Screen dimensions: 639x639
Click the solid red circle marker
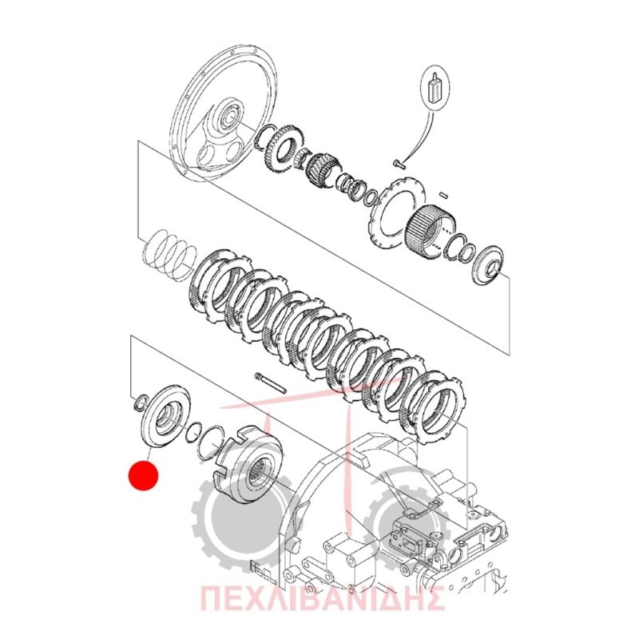pos(143,475)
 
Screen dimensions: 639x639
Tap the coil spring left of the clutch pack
pos(169,254)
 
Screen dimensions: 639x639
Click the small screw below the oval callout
pos(398,163)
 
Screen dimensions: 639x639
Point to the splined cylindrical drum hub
pos(432,232)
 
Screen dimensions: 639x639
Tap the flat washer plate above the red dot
pos(165,415)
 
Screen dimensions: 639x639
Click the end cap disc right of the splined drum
pos(488,265)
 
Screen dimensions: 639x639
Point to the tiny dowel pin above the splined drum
pos(445,195)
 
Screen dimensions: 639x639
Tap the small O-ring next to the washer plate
pos(194,431)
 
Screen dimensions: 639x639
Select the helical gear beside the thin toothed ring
pos(323,168)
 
